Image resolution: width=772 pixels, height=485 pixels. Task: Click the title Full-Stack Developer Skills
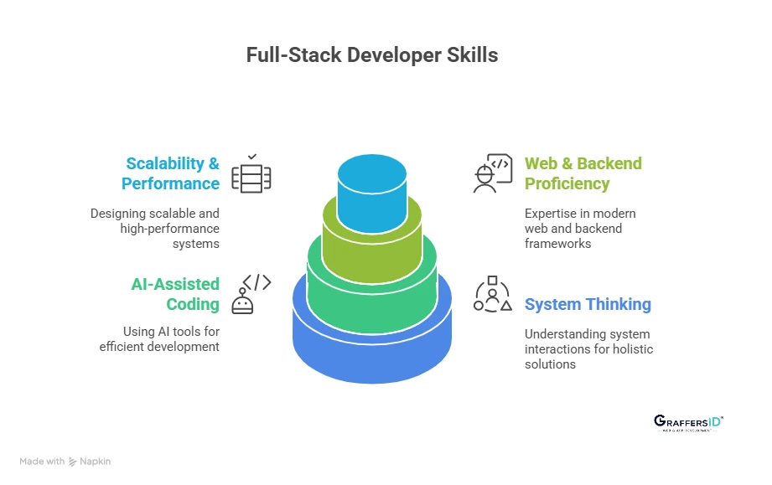pyautogui.click(x=372, y=55)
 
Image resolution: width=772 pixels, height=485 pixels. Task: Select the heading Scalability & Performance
pyautogui.click(x=171, y=173)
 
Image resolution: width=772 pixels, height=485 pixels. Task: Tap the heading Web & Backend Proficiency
pyautogui.click(x=583, y=173)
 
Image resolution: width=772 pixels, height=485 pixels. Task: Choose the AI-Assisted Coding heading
pyautogui.click(x=175, y=294)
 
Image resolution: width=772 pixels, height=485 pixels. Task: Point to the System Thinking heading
pyautogui.click(x=588, y=304)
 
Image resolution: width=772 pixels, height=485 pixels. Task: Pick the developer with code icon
pyautogui.click(x=491, y=173)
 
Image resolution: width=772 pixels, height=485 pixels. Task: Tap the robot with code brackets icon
pyautogui.click(x=254, y=293)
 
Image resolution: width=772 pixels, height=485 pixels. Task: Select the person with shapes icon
pyautogui.click(x=492, y=294)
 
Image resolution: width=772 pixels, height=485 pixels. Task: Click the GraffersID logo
pyautogui.click(x=687, y=423)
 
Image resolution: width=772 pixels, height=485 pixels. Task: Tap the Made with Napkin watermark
pyautogui.click(x=65, y=462)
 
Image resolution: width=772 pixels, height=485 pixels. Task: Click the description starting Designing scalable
pyautogui.click(x=155, y=229)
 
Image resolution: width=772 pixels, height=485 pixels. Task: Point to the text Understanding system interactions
pyautogui.click(x=588, y=348)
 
